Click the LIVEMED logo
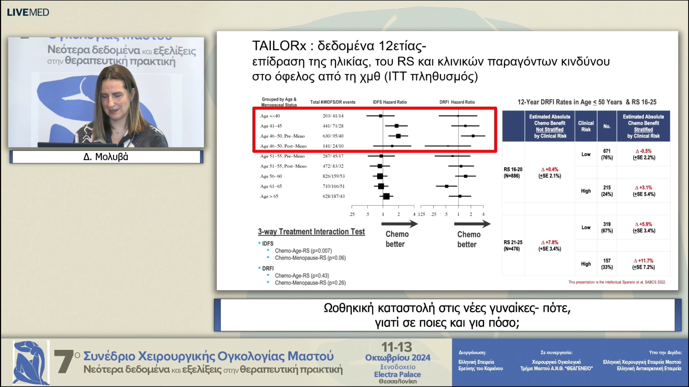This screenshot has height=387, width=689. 28,12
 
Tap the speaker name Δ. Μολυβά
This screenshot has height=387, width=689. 106,157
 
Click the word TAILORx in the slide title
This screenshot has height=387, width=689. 279,46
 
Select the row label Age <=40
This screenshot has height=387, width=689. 270,116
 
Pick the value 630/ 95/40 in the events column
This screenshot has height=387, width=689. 333,136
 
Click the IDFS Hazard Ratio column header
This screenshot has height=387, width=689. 390,102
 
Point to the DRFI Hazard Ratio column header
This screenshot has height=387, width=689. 457,102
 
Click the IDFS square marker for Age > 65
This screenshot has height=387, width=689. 386,196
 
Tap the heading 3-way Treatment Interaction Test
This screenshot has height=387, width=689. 311,232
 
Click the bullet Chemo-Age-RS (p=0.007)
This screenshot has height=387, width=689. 303,251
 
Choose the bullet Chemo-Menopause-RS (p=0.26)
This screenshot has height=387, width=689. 310,283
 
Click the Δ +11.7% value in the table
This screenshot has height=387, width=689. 644,261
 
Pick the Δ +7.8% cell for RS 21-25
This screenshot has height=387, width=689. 550,242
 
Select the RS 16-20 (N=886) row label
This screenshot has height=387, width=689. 513,173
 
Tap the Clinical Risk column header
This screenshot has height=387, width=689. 586,126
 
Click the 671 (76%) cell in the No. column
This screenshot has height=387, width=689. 607,154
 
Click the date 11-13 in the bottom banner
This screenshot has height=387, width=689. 397,347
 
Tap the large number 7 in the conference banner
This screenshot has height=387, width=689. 64,362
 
